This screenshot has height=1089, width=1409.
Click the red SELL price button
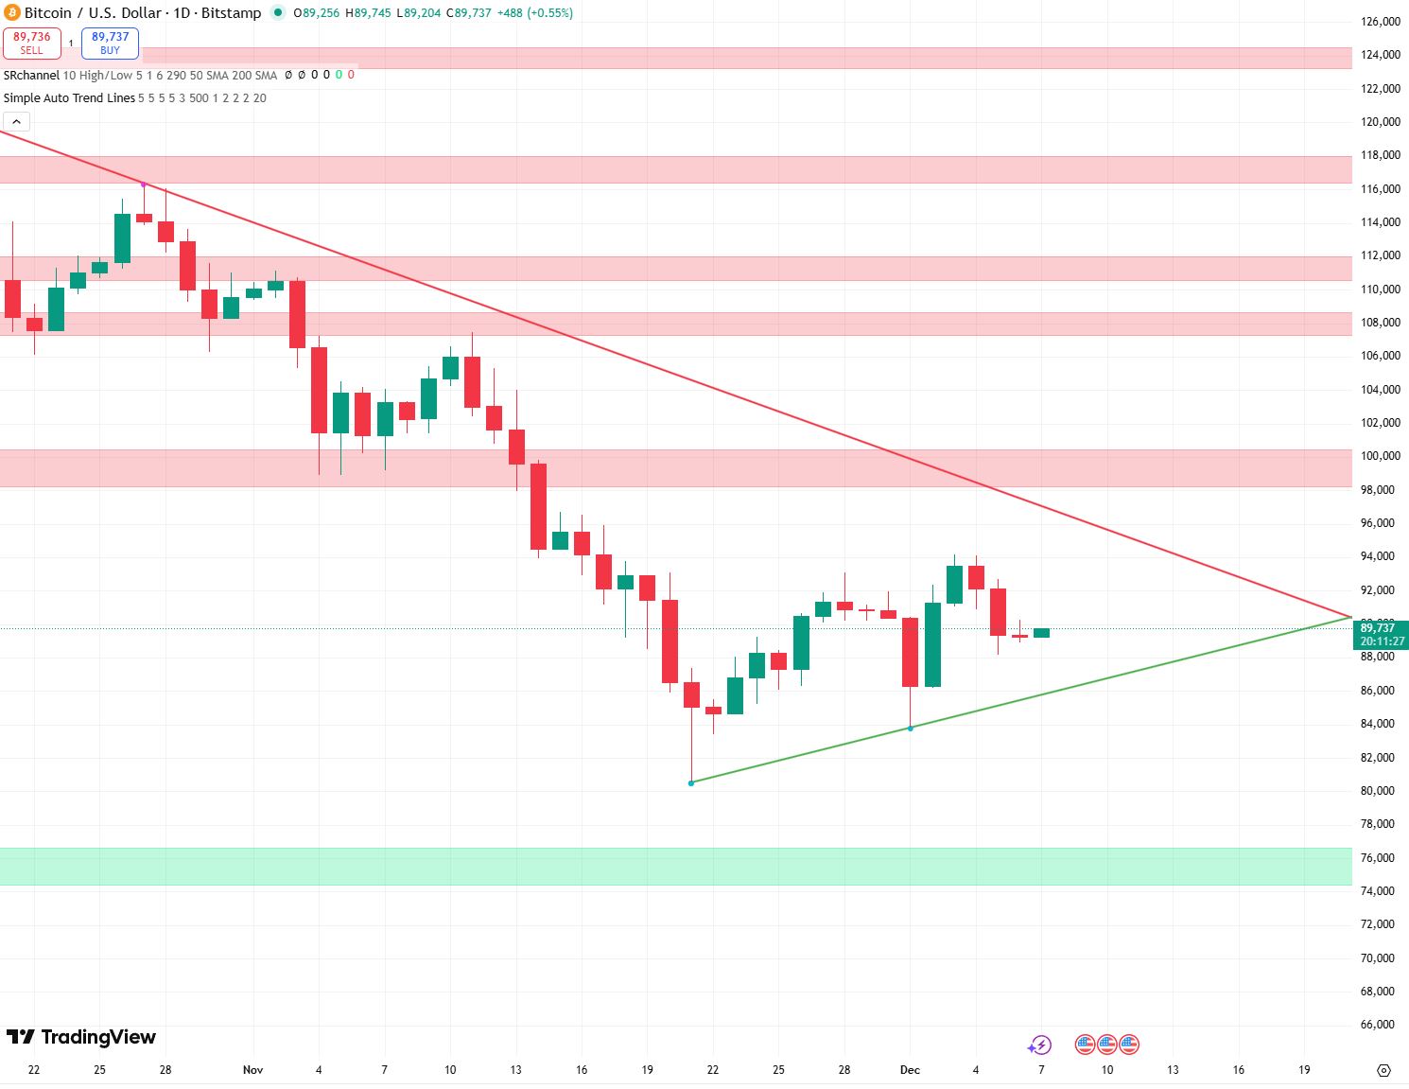point(32,43)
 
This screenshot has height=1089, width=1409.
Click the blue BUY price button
point(110,43)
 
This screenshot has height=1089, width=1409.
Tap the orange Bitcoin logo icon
point(12,13)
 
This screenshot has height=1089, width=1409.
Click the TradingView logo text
point(81,1037)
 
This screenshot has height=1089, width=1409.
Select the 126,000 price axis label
point(1380,22)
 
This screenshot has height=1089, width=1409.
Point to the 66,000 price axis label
point(1377,1025)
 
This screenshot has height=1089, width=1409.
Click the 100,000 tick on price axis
point(1380,456)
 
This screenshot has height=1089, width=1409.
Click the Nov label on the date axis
point(252,1070)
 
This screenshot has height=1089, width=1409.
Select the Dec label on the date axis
point(910,1070)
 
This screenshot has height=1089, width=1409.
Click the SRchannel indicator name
point(31,75)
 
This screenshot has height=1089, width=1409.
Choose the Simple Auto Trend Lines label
point(69,98)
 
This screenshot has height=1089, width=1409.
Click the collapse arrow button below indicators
point(17,121)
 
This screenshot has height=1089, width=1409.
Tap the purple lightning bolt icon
point(1040,1045)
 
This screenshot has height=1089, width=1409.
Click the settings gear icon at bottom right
point(1383,1070)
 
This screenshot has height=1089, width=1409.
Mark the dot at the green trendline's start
point(691,782)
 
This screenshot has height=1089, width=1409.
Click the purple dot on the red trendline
point(144,184)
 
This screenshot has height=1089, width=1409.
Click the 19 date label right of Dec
point(1304,1070)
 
